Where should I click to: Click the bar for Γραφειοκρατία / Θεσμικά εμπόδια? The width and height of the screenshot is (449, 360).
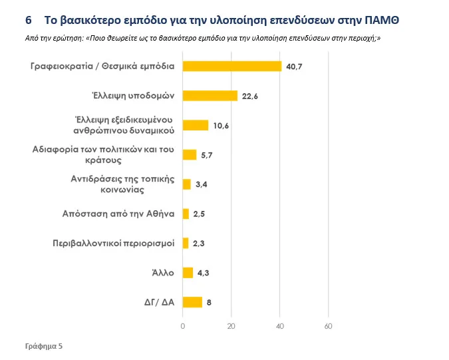tap(231, 66)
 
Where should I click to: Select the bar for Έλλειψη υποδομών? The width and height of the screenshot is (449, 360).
tap(210, 95)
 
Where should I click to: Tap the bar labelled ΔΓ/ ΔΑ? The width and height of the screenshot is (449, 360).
tap(192, 302)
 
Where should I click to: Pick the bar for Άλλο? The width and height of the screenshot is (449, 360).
tap(188, 272)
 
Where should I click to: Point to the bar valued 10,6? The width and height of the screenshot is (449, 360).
tap(196, 125)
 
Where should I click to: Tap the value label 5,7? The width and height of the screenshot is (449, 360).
tap(208, 155)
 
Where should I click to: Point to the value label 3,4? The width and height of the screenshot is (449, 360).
tap(202, 184)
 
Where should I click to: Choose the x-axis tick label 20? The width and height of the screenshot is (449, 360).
tap(231, 326)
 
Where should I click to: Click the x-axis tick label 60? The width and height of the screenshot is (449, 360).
tap(328, 326)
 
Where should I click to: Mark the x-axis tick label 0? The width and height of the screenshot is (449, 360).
tap(183, 326)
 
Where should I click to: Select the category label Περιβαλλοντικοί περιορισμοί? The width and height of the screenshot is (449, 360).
tap(114, 243)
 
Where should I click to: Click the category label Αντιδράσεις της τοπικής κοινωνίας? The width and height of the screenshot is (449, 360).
tap(122, 184)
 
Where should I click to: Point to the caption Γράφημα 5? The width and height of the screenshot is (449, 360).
tap(44, 346)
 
